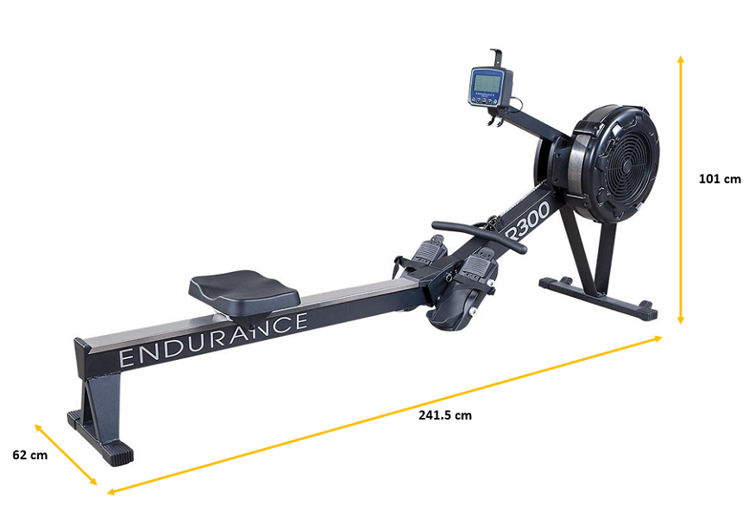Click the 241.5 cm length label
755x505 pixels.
[x=445, y=415]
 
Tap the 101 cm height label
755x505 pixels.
[x=720, y=180]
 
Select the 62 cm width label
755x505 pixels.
[x=30, y=455]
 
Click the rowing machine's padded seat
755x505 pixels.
[x=244, y=291]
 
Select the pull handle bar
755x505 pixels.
[x=479, y=237]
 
